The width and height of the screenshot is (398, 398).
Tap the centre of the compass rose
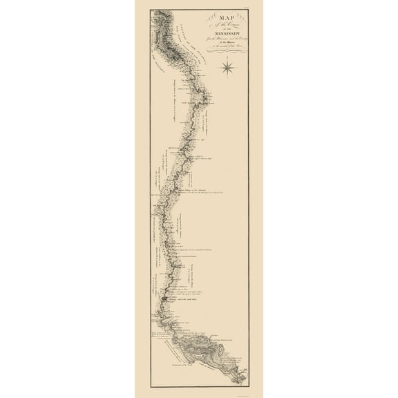point(227,67)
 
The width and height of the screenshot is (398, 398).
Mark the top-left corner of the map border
point(151,10)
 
